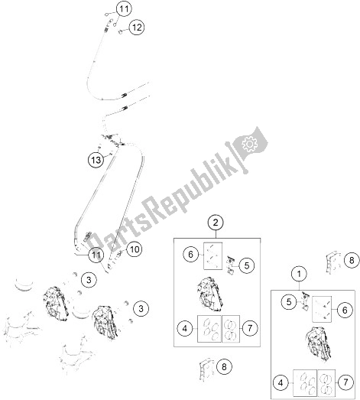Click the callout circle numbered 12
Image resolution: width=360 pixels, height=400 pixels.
[137, 28]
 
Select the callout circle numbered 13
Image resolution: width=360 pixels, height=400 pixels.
[96, 160]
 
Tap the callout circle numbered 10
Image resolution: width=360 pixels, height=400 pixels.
[135, 249]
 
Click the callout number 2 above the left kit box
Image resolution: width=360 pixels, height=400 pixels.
[216, 223]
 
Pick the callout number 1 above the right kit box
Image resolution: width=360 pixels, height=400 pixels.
[299, 275]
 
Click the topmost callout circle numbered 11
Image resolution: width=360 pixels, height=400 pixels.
[124, 9]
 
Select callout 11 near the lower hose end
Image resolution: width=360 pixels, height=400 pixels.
[96, 255]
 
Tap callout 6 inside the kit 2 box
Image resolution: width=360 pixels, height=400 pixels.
[191, 255]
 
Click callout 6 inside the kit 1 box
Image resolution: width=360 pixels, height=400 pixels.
[345, 311]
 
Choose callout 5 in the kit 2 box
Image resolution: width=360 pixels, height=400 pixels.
[247, 265]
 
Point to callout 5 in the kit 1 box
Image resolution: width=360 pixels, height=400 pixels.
[289, 302]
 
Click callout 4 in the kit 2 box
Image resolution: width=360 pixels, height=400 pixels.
[185, 328]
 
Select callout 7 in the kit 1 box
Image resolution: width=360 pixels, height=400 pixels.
[345, 382]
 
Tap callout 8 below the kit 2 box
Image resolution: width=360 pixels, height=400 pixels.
[224, 367]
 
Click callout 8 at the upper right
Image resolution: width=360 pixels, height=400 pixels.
[352, 261]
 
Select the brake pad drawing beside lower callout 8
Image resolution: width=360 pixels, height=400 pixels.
[206, 369]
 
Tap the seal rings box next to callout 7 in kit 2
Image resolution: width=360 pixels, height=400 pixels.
[231, 329]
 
